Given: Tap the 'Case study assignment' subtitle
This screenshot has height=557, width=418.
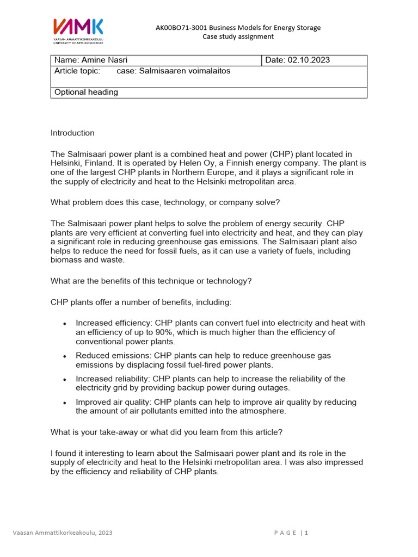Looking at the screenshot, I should point(238,36).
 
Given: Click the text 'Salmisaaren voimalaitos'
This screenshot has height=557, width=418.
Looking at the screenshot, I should point(185,71).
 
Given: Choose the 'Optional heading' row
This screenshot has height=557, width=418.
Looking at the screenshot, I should point(86,92).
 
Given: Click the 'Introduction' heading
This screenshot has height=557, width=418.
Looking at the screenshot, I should point(72,133).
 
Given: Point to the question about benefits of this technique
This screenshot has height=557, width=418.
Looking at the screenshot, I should point(151,281).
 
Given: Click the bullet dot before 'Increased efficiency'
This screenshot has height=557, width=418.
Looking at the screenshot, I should point(65,324).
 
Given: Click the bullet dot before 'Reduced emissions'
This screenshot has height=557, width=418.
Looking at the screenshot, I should point(65,356).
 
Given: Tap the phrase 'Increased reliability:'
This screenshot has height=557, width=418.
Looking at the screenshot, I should point(113,379).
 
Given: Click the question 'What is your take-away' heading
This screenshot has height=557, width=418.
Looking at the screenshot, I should point(167,432).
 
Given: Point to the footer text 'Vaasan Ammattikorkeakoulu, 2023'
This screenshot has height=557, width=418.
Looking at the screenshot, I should point(63,533).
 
